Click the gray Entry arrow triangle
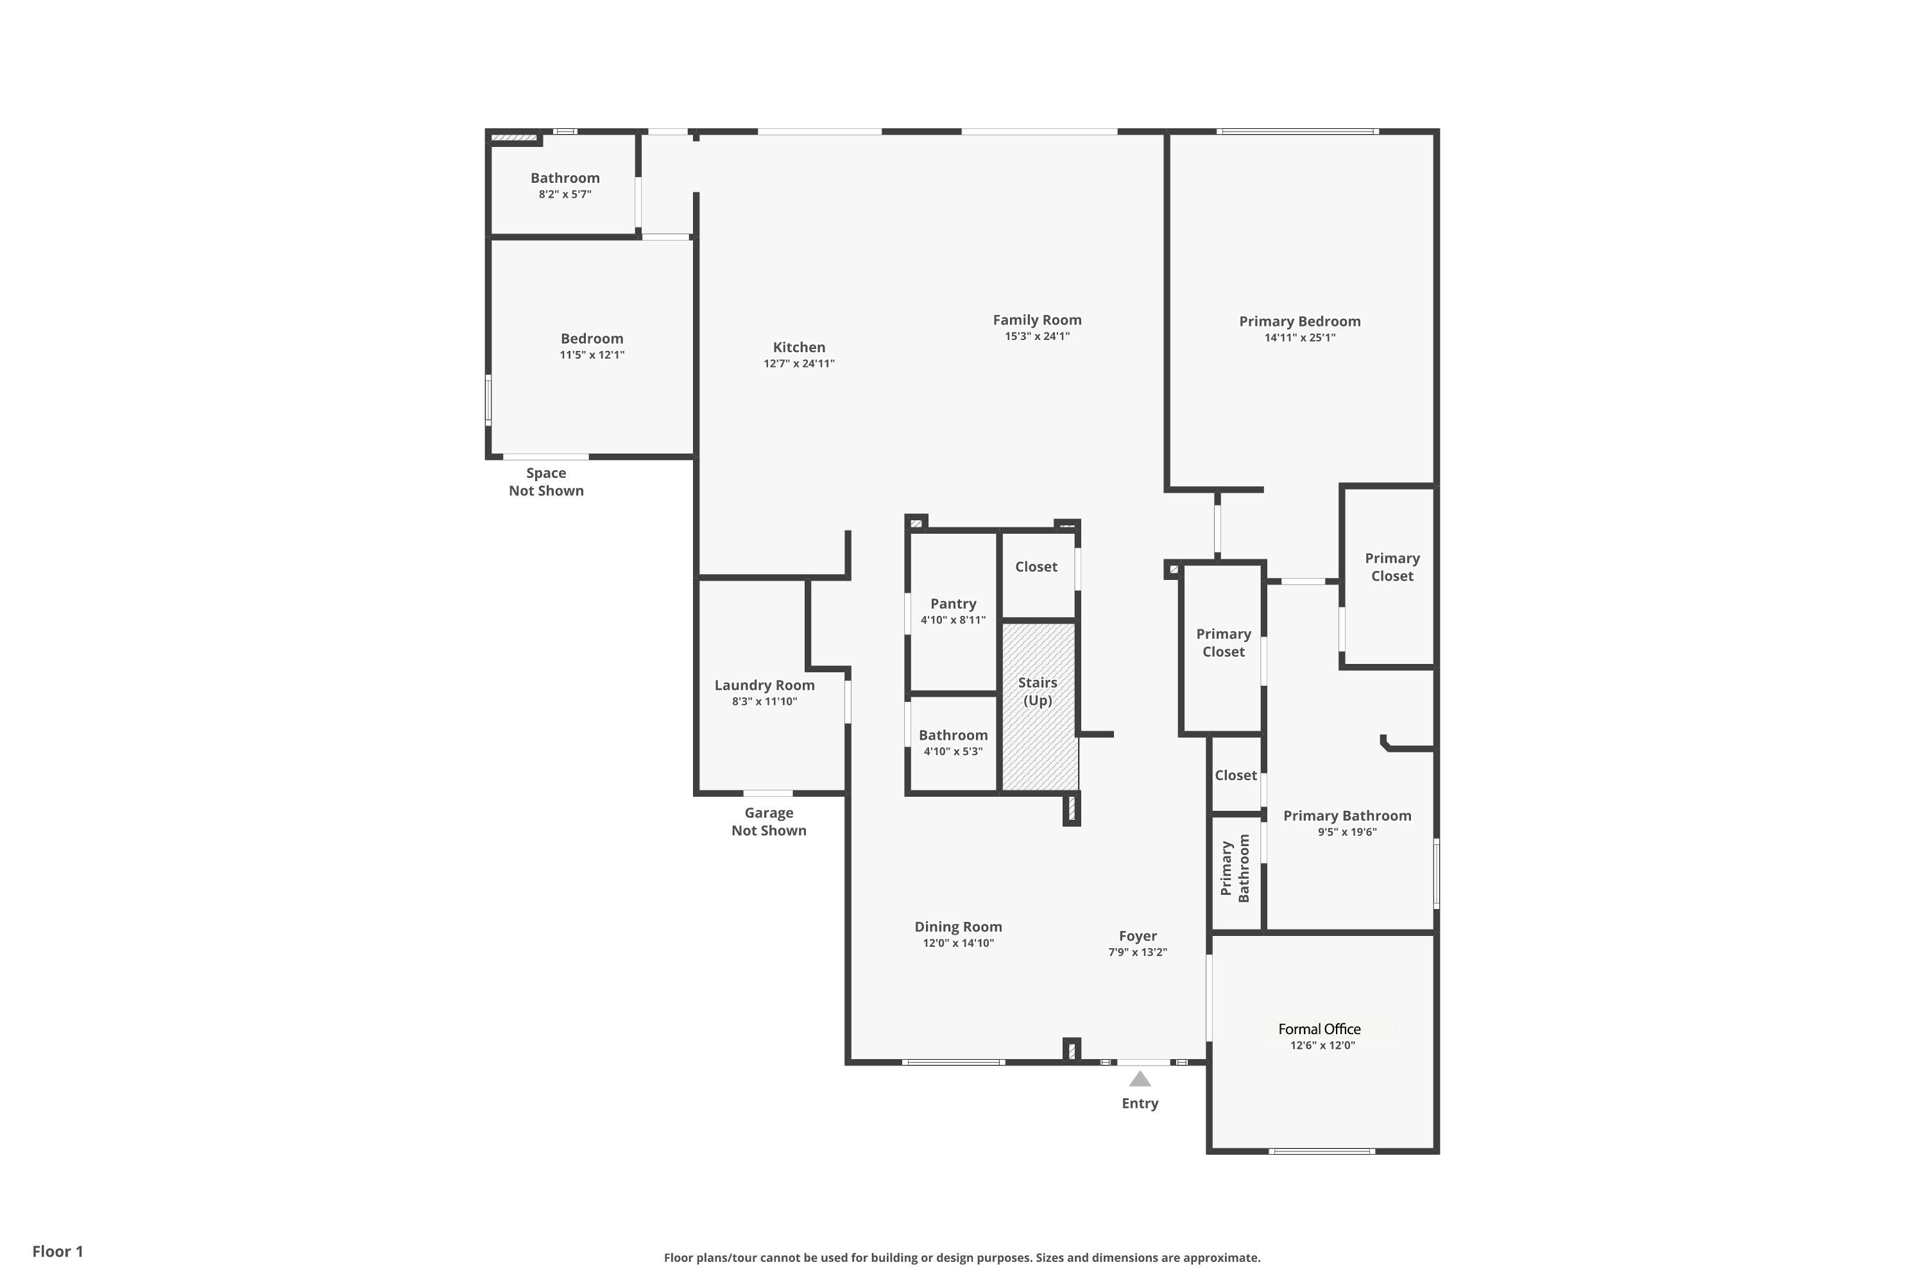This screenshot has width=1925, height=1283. (x=1140, y=1079)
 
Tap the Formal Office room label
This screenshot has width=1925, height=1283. (x=1319, y=1030)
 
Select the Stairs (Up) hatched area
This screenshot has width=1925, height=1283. (x=1039, y=706)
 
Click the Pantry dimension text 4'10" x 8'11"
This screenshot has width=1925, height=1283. (x=954, y=620)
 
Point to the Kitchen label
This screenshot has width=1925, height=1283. (x=800, y=348)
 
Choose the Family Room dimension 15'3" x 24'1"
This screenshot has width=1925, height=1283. (x=1038, y=336)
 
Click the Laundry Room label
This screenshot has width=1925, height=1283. (x=764, y=686)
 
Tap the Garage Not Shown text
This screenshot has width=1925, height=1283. (x=769, y=822)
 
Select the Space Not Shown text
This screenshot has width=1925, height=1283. (x=546, y=482)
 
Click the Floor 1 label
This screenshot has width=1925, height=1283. (x=58, y=1251)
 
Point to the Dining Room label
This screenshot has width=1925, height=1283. (x=959, y=927)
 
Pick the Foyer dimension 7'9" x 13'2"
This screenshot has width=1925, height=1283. (x=1138, y=953)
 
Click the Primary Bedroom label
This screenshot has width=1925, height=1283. (x=1300, y=321)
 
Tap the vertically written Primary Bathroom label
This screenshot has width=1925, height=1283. (x=1236, y=868)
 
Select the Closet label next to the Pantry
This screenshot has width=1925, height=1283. (x=1036, y=567)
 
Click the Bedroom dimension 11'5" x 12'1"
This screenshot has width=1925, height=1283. (x=592, y=355)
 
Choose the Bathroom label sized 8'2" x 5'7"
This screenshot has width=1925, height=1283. (x=565, y=178)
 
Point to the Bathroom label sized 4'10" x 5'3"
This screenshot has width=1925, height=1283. (x=954, y=736)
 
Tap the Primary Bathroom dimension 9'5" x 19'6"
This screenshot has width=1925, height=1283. (x=1347, y=832)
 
